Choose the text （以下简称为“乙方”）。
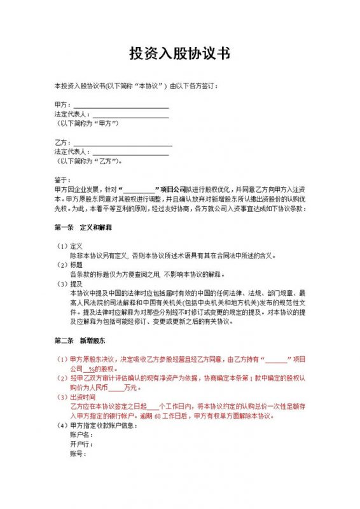pyautogui.click(x=89, y=161)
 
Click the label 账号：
pyautogui.click(x=78, y=454)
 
